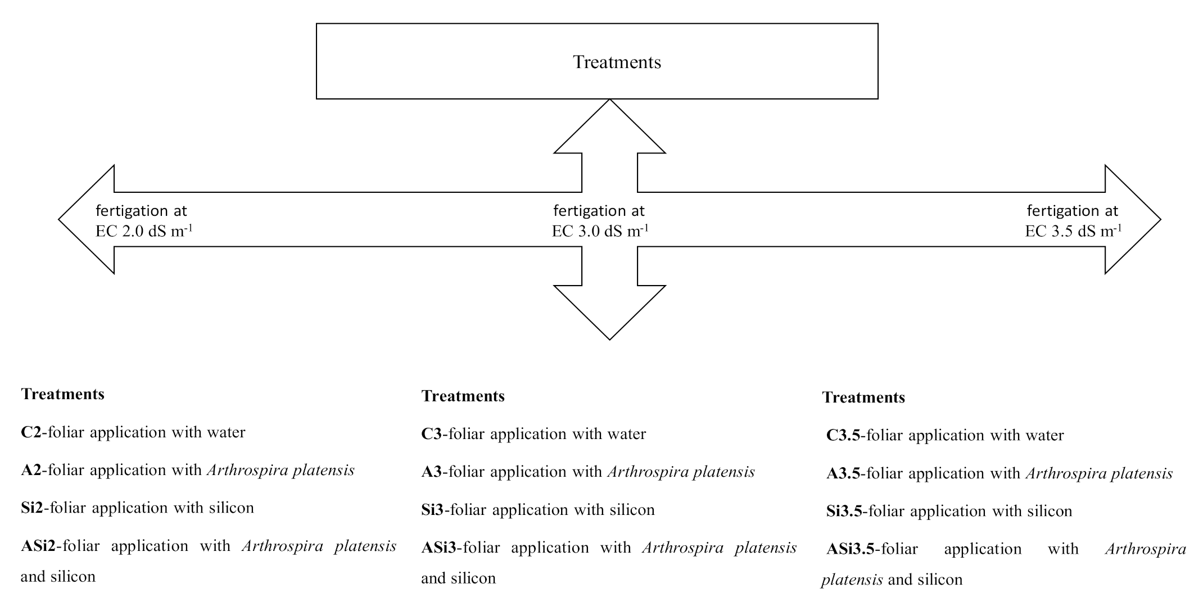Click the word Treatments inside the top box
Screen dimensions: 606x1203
click(617, 62)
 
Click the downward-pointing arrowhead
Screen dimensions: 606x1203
click(609, 315)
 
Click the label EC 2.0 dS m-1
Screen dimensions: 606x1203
click(144, 231)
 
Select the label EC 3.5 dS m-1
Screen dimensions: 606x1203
click(1073, 231)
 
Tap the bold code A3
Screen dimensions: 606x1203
click(432, 472)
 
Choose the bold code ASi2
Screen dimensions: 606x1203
click(38, 546)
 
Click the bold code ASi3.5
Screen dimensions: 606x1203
click(850, 549)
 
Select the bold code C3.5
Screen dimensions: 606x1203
click(843, 435)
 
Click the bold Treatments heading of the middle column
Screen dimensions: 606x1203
click(463, 396)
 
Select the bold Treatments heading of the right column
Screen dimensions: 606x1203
click(863, 397)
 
